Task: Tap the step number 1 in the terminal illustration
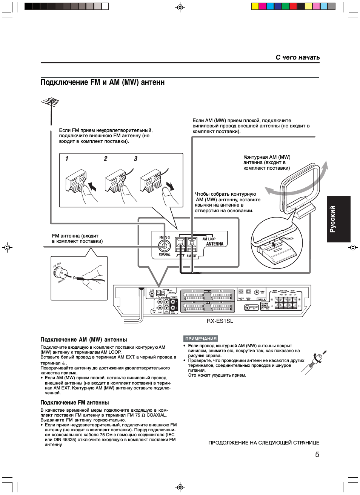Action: pyautogui.click(x=67, y=159)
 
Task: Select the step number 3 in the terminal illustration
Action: pyautogui.click(x=136, y=159)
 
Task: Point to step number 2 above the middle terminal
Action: pyautogui.click(x=106, y=159)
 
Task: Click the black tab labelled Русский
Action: pyautogui.click(x=338, y=219)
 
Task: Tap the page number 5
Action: pyautogui.click(x=317, y=454)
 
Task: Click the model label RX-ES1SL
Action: pyautogui.click(x=220, y=321)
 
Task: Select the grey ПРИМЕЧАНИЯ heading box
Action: pyautogui.click(x=201, y=339)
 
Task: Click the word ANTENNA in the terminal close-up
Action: pyautogui.click(x=215, y=244)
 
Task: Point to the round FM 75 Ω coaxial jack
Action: pyautogui.click(x=164, y=246)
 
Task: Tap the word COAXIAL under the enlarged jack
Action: pyautogui.click(x=165, y=254)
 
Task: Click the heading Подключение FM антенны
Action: pyautogui.click(x=74, y=403)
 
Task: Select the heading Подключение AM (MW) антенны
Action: pyautogui.click(x=83, y=340)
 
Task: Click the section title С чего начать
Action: pyautogui.click(x=297, y=57)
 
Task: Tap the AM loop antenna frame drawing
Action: pyautogui.click(x=299, y=187)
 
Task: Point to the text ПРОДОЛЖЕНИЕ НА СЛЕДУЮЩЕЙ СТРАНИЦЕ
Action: pyautogui.click(x=264, y=443)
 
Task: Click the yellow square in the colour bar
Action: pyautogui.click(x=255, y=6)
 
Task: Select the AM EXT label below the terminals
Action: pyautogui.click(x=191, y=256)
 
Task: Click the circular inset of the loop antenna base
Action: pyautogui.click(x=277, y=243)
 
